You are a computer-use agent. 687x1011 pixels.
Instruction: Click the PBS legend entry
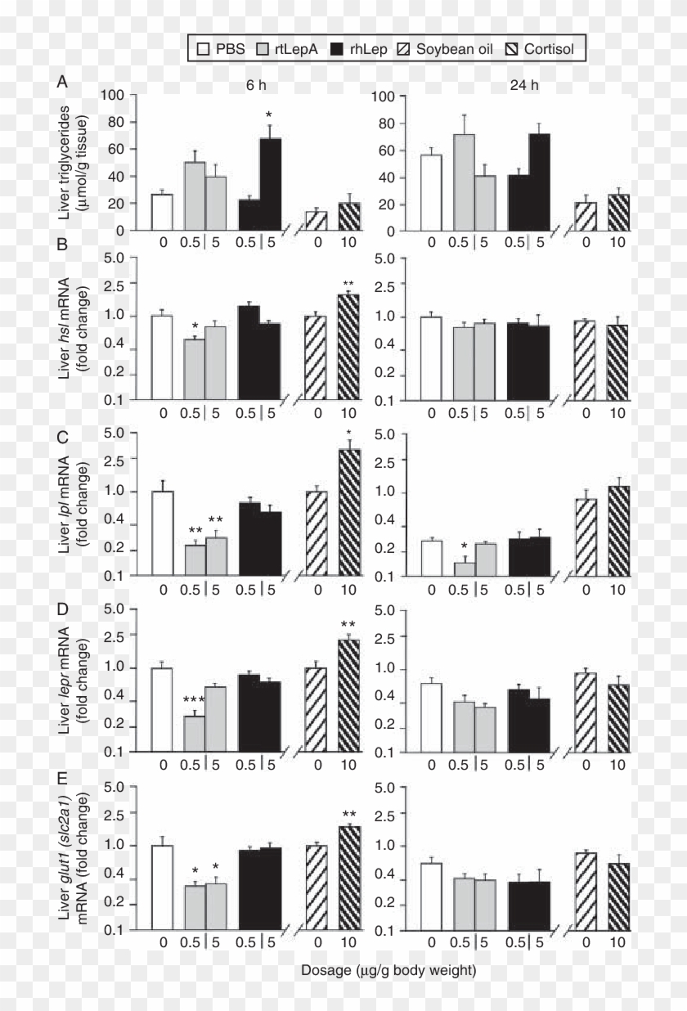point(220,49)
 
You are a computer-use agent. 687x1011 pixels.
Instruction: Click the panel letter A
point(62,82)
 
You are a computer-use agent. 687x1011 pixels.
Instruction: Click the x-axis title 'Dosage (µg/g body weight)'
point(388,971)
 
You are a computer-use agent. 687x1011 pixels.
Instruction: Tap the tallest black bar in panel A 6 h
point(271,184)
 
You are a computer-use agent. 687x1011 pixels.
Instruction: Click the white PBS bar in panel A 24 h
point(431,192)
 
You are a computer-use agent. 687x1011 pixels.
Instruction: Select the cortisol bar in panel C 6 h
point(349,512)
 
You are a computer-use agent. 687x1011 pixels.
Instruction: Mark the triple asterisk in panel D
point(194,700)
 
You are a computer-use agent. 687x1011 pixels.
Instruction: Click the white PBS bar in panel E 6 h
point(162,887)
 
